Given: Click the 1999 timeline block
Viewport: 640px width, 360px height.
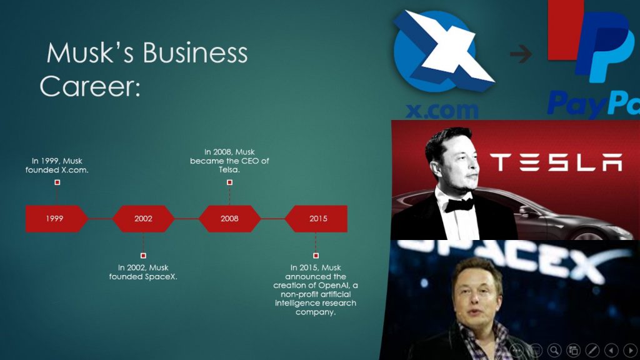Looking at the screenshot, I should tap(55, 219).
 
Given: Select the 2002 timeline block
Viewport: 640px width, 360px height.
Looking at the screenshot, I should tap(143, 219).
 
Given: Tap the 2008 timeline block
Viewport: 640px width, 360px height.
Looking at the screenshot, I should tap(229, 219).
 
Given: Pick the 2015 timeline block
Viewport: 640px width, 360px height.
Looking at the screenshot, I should tap(317, 219).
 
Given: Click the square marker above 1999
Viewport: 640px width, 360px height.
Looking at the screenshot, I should tap(57, 182).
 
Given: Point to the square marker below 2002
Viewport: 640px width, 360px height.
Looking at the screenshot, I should tap(143, 256).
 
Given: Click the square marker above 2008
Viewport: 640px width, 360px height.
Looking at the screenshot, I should tap(229, 182).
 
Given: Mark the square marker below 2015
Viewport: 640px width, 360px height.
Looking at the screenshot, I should tap(316, 256).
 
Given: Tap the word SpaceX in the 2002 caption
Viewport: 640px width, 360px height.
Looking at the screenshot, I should tap(161, 276).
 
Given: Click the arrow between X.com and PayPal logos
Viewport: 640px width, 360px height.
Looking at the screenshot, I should tap(521, 55).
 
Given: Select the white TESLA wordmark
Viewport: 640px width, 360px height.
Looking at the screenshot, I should tap(556, 162).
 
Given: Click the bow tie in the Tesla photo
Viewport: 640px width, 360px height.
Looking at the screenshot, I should tap(459, 203).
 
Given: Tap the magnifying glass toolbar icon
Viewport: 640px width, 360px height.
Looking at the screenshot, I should tap(554, 350).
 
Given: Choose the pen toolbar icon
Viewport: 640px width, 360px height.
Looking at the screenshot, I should tap(592, 350).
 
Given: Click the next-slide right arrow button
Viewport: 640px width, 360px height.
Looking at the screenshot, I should tap(630, 350).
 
